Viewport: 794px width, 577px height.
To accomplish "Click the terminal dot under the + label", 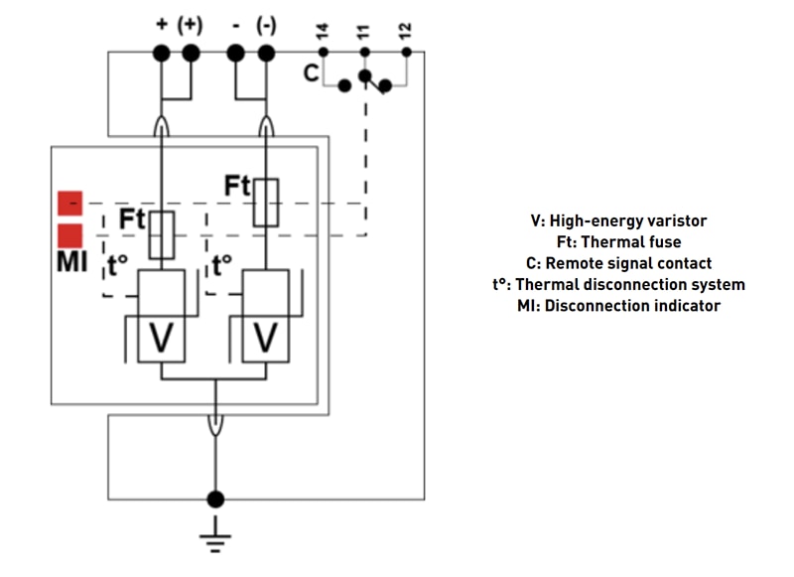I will (x=161, y=52).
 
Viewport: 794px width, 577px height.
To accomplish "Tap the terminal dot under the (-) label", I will (x=265, y=52).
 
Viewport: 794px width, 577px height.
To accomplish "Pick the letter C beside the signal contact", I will (x=311, y=72).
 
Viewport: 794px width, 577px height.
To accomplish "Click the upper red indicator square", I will (x=69, y=203).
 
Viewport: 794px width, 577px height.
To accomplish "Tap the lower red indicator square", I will (x=69, y=235).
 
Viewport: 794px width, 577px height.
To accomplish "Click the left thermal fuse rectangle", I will (x=161, y=234).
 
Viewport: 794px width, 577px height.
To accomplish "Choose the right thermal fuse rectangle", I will (x=265, y=202).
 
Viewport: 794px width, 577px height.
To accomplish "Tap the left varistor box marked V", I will (x=161, y=340).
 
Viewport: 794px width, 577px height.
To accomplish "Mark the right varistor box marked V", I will (x=265, y=340).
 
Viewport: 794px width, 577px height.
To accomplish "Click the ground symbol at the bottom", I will (x=214, y=542).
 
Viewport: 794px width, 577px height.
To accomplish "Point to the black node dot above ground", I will (x=214, y=499).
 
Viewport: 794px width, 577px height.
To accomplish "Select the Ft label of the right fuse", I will (x=237, y=186).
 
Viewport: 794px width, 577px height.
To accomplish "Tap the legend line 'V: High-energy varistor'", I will (x=618, y=221).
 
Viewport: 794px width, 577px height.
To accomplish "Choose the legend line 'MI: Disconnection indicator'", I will (x=618, y=306).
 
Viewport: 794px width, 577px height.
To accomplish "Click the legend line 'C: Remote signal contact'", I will (x=618, y=264).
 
